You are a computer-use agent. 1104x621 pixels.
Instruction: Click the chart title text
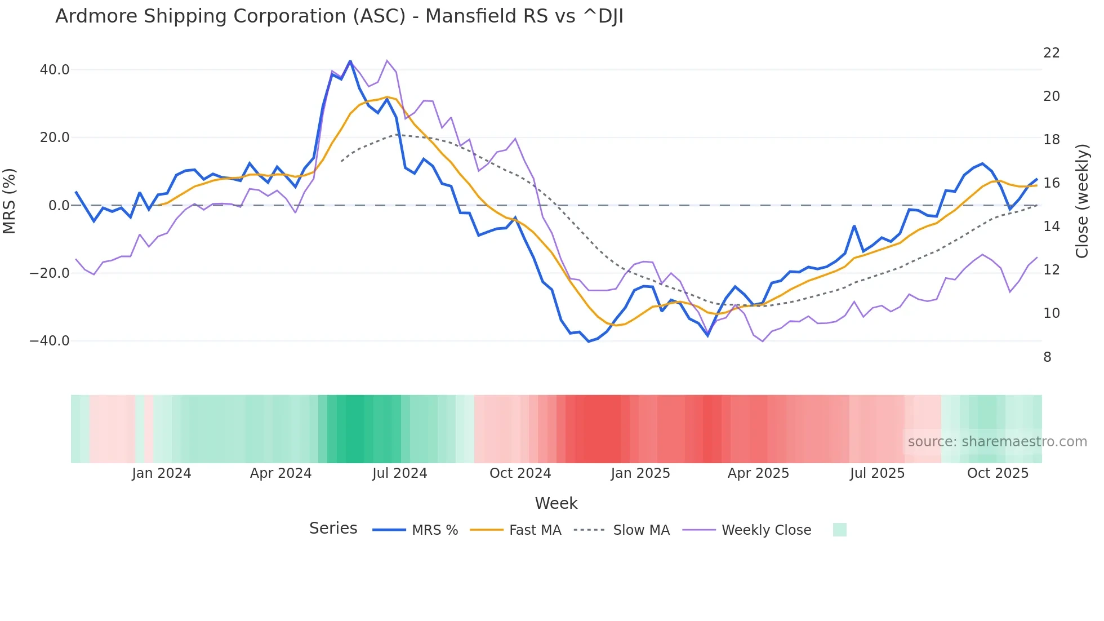pos(339,16)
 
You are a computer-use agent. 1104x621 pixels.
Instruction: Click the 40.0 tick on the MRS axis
pos(55,70)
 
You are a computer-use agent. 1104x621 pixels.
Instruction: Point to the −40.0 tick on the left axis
pos(50,341)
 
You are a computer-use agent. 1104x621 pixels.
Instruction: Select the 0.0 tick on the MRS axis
pos(59,206)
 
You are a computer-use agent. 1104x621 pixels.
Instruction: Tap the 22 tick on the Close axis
pos(1051,53)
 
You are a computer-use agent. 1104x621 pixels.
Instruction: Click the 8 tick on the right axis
pos(1047,357)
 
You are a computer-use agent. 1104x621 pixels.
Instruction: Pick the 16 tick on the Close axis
pos(1051,183)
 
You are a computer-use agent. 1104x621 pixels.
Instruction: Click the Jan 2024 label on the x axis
pos(162,473)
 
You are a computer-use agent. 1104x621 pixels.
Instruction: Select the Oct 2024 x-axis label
pos(520,473)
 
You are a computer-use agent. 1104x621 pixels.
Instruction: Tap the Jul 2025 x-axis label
pos(877,473)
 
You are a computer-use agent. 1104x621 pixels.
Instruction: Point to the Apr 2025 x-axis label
pos(758,473)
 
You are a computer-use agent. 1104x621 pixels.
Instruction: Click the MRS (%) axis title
pos(10,201)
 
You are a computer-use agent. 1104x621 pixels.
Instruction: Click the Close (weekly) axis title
pos(1081,201)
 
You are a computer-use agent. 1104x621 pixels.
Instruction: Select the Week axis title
pos(556,503)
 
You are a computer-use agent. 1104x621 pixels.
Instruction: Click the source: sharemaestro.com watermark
pos(997,442)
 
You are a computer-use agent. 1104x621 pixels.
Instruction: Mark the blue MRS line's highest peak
pos(350,61)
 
